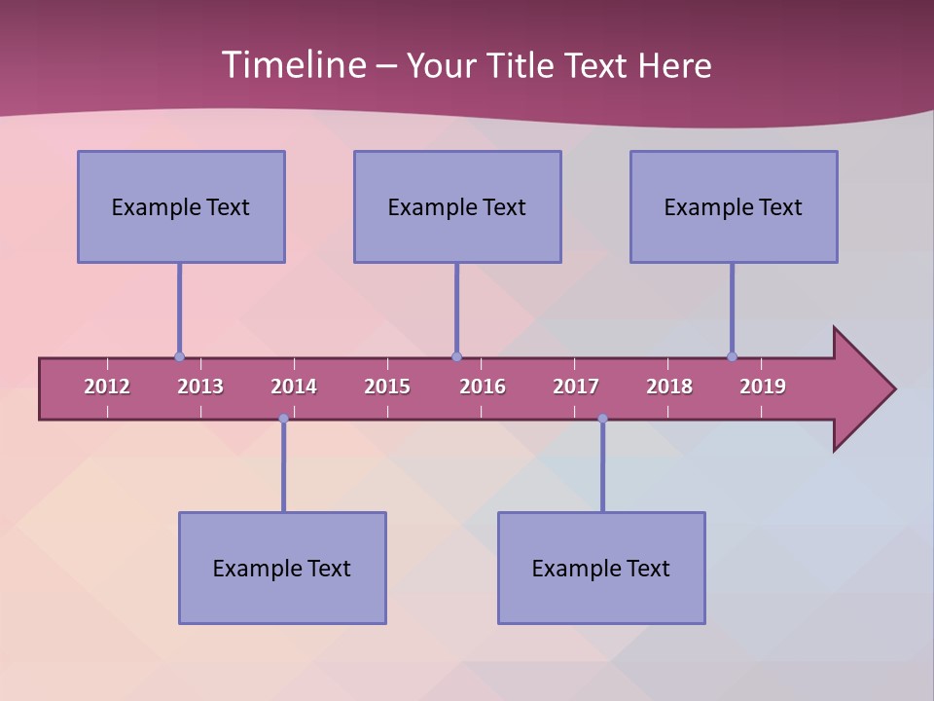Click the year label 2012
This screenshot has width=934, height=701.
click(107, 387)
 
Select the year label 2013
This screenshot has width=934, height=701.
click(200, 387)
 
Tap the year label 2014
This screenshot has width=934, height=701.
click(294, 387)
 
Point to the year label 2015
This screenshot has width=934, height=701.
click(387, 387)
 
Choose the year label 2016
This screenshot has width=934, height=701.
click(483, 387)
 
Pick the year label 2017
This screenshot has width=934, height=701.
click(576, 387)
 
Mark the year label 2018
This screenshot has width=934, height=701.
click(669, 387)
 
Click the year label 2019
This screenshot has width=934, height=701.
click(763, 387)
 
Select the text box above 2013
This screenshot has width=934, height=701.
click(181, 206)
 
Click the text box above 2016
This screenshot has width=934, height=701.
click(457, 206)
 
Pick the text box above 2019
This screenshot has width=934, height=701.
click(734, 206)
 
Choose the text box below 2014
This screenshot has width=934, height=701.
click(282, 568)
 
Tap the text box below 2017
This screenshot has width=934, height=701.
click(601, 568)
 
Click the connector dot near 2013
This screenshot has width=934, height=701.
click(179, 356)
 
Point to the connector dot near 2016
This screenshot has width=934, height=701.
click(456, 356)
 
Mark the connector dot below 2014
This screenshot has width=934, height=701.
click(283, 419)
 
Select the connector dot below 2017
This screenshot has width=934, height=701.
click(602, 419)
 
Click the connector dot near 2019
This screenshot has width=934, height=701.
click(732, 356)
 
